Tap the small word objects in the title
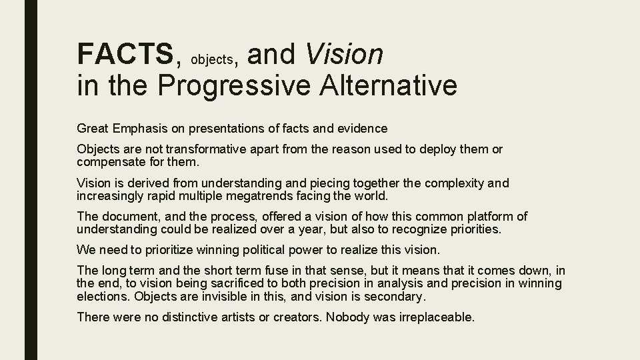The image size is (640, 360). pos(211,59)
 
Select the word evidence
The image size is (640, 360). pos(363,127)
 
